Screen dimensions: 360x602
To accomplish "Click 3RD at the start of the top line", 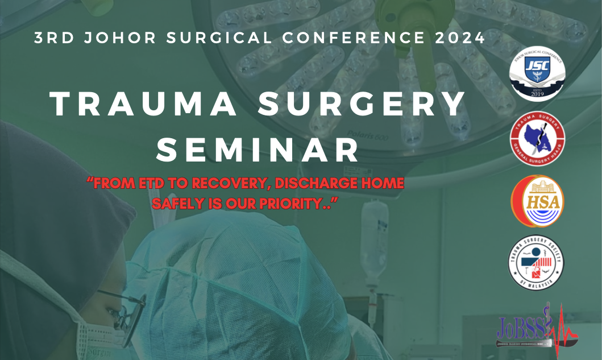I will click(51, 38).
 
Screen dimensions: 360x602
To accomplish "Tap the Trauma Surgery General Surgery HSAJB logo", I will click(537, 138).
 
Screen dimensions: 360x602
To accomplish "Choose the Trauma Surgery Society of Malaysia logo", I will click(536, 263).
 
